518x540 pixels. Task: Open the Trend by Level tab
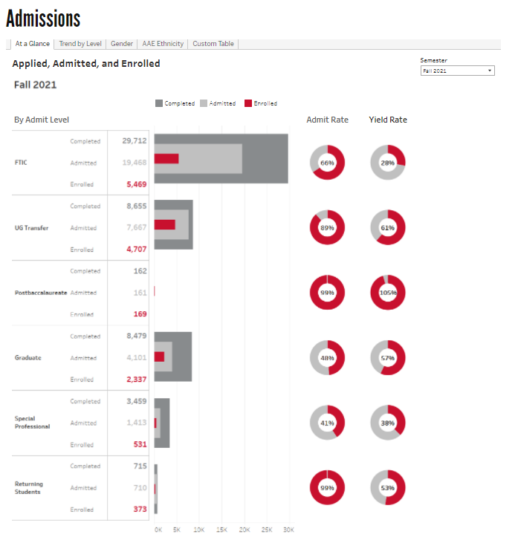(x=81, y=44)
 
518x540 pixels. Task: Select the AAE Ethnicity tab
(x=163, y=44)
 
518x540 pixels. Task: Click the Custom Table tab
(x=213, y=44)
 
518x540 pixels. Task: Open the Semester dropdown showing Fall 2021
(x=457, y=71)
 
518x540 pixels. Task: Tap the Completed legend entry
(x=175, y=104)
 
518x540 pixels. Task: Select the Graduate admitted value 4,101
(x=134, y=358)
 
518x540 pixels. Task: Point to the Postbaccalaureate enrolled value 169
(x=139, y=314)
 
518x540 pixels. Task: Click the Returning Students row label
(x=29, y=488)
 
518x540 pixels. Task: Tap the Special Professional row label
(x=32, y=423)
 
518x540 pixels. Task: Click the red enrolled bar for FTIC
(x=166, y=158)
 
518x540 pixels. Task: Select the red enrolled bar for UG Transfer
(x=164, y=224)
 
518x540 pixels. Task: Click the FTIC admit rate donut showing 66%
(x=328, y=162)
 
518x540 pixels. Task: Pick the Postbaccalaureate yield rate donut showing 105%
(x=388, y=293)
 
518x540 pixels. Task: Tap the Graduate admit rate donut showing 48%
(x=328, y=358)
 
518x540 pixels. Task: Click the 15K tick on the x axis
(x=221, y=530)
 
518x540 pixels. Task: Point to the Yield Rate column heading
(x=388, y=120)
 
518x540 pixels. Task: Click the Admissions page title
(x=43, y=18)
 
